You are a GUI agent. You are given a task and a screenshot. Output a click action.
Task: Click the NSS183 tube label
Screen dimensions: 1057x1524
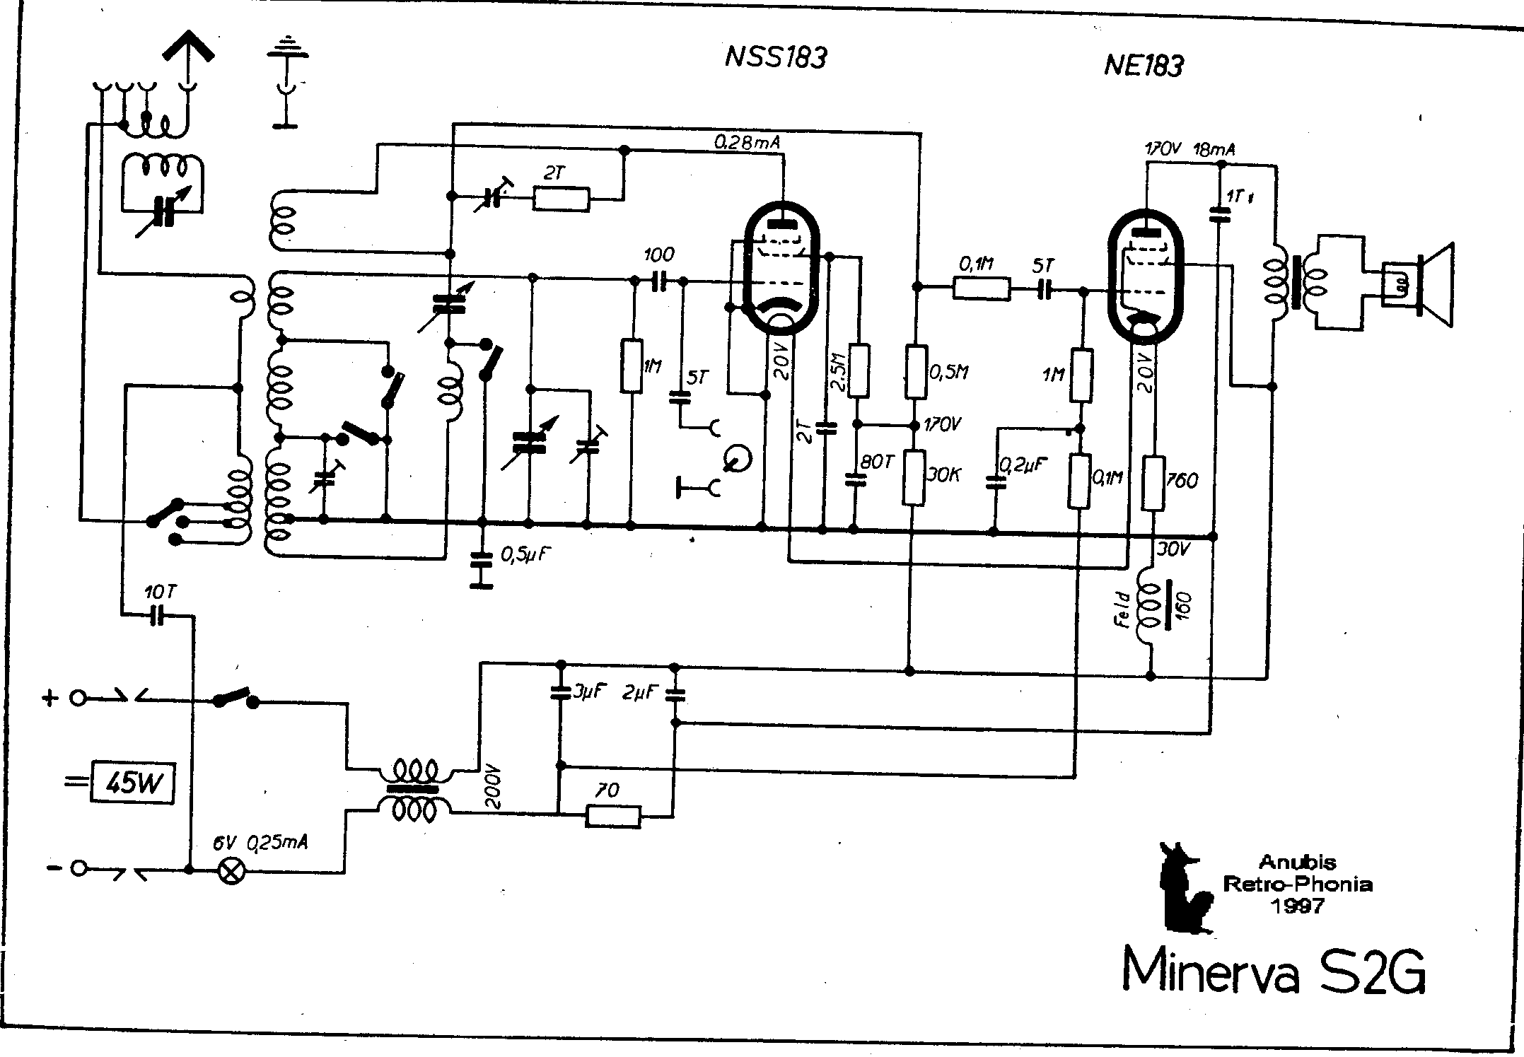(x=776, y=57)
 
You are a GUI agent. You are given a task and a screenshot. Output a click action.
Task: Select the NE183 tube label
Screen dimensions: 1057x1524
(x=1143, y=66)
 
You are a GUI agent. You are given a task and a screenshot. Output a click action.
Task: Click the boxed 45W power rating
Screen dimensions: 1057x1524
(x=132, y=782)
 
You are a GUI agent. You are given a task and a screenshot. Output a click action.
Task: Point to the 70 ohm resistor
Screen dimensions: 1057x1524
(x=614, y=817)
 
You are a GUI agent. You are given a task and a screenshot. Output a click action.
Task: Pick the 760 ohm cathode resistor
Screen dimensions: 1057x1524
(x=1153, y=484)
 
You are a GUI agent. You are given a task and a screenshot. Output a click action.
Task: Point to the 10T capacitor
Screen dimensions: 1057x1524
(x=157, y=617)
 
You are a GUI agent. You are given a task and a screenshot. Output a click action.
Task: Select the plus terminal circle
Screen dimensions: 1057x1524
(x=77, y=699)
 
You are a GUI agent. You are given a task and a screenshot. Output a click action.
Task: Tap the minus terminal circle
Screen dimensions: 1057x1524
(x=78, y=869)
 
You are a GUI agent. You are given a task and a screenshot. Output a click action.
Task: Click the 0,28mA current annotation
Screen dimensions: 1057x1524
(x=748, y=142)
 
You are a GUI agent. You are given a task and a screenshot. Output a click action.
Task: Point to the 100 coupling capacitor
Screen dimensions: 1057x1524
(x=659, y=281)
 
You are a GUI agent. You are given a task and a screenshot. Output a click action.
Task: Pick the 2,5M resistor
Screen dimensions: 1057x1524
(x=859, y=370)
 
